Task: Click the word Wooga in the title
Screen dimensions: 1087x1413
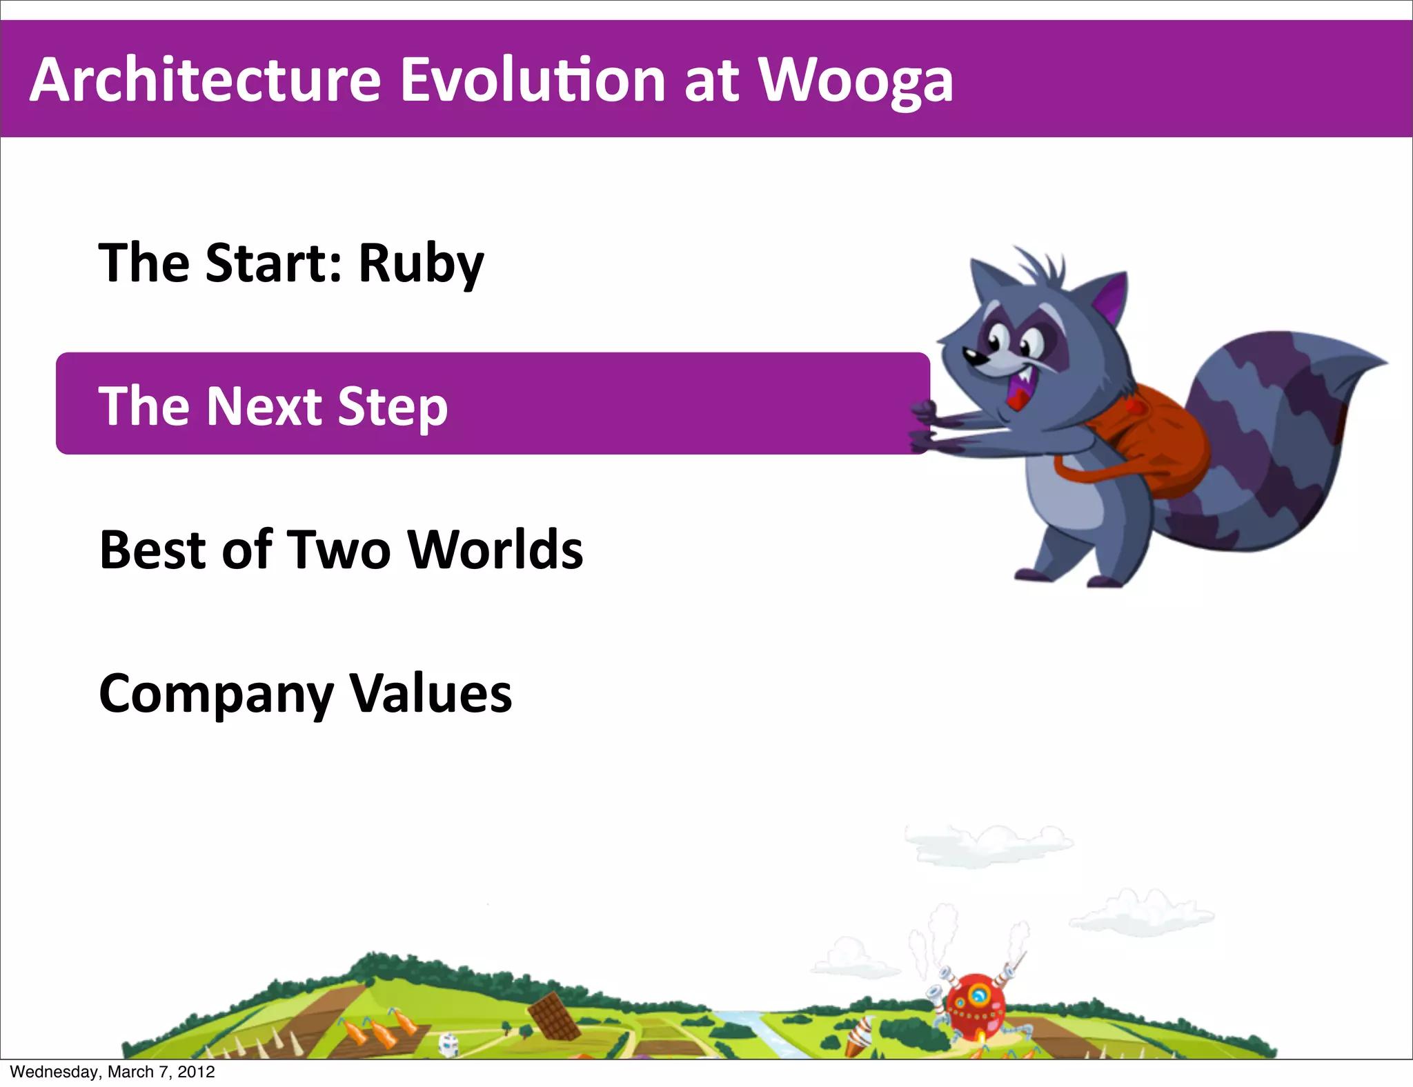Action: tap(856, 81)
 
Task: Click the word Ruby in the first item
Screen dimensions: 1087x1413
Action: tap(421, 263)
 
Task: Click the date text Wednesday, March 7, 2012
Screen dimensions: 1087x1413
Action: tap(112, 1072)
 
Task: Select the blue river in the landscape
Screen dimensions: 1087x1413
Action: tap(759, 1031)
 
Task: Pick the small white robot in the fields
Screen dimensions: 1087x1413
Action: tap(448, 1044)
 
